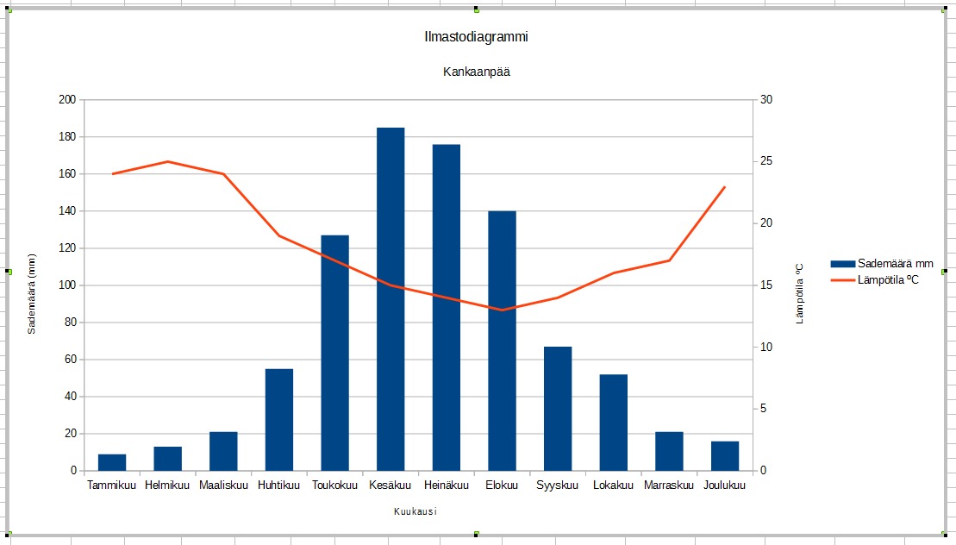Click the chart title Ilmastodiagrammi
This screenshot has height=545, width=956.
(476, 37)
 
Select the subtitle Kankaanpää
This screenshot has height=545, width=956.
(477, 72)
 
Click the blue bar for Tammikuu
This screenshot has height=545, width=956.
(112, 462)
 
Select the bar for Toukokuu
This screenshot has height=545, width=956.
(335, 353)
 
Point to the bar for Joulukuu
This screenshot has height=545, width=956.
(725, 456)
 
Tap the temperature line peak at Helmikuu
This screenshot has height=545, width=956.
(168, 161)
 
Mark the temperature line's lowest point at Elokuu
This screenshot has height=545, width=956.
(502, 310)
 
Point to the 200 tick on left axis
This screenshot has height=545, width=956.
(66, 100)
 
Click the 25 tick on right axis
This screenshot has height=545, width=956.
(767, 161)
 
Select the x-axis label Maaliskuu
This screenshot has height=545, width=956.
(223, 485)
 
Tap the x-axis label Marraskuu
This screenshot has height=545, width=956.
(669, 485)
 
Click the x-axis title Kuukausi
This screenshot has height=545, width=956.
(416, 511)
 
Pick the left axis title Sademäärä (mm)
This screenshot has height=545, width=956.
(32, 293)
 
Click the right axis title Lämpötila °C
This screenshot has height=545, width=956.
(799, 293)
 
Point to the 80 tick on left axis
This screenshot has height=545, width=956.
(69, 323)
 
